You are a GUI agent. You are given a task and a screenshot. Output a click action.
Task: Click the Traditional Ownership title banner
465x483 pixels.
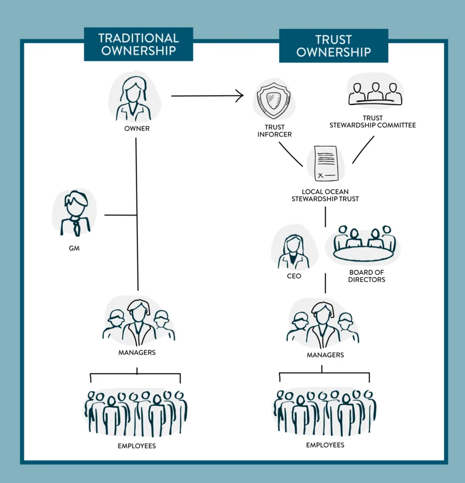tap(138, 44)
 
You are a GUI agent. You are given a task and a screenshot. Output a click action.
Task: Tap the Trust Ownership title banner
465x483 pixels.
tap(333, 45)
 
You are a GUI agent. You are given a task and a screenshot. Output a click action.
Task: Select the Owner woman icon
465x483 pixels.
tap(134, 99)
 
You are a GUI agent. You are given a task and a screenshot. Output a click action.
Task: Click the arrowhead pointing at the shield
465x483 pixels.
tap(239, 96)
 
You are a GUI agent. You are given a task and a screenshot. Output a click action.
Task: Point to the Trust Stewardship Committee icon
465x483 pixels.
tap(375, 92)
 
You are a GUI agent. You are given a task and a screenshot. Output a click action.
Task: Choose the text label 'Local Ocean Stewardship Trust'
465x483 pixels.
tap(325, 195)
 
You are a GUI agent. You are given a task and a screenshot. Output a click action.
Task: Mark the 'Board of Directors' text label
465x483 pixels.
tap(367, 276)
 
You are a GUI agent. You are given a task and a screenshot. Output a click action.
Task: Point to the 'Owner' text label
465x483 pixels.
tap(136, 129)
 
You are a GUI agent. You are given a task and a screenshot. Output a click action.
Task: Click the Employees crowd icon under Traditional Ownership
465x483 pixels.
tap(136, 413)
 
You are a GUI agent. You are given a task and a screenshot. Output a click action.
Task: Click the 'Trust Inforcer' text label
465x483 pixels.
tap(274, 130)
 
